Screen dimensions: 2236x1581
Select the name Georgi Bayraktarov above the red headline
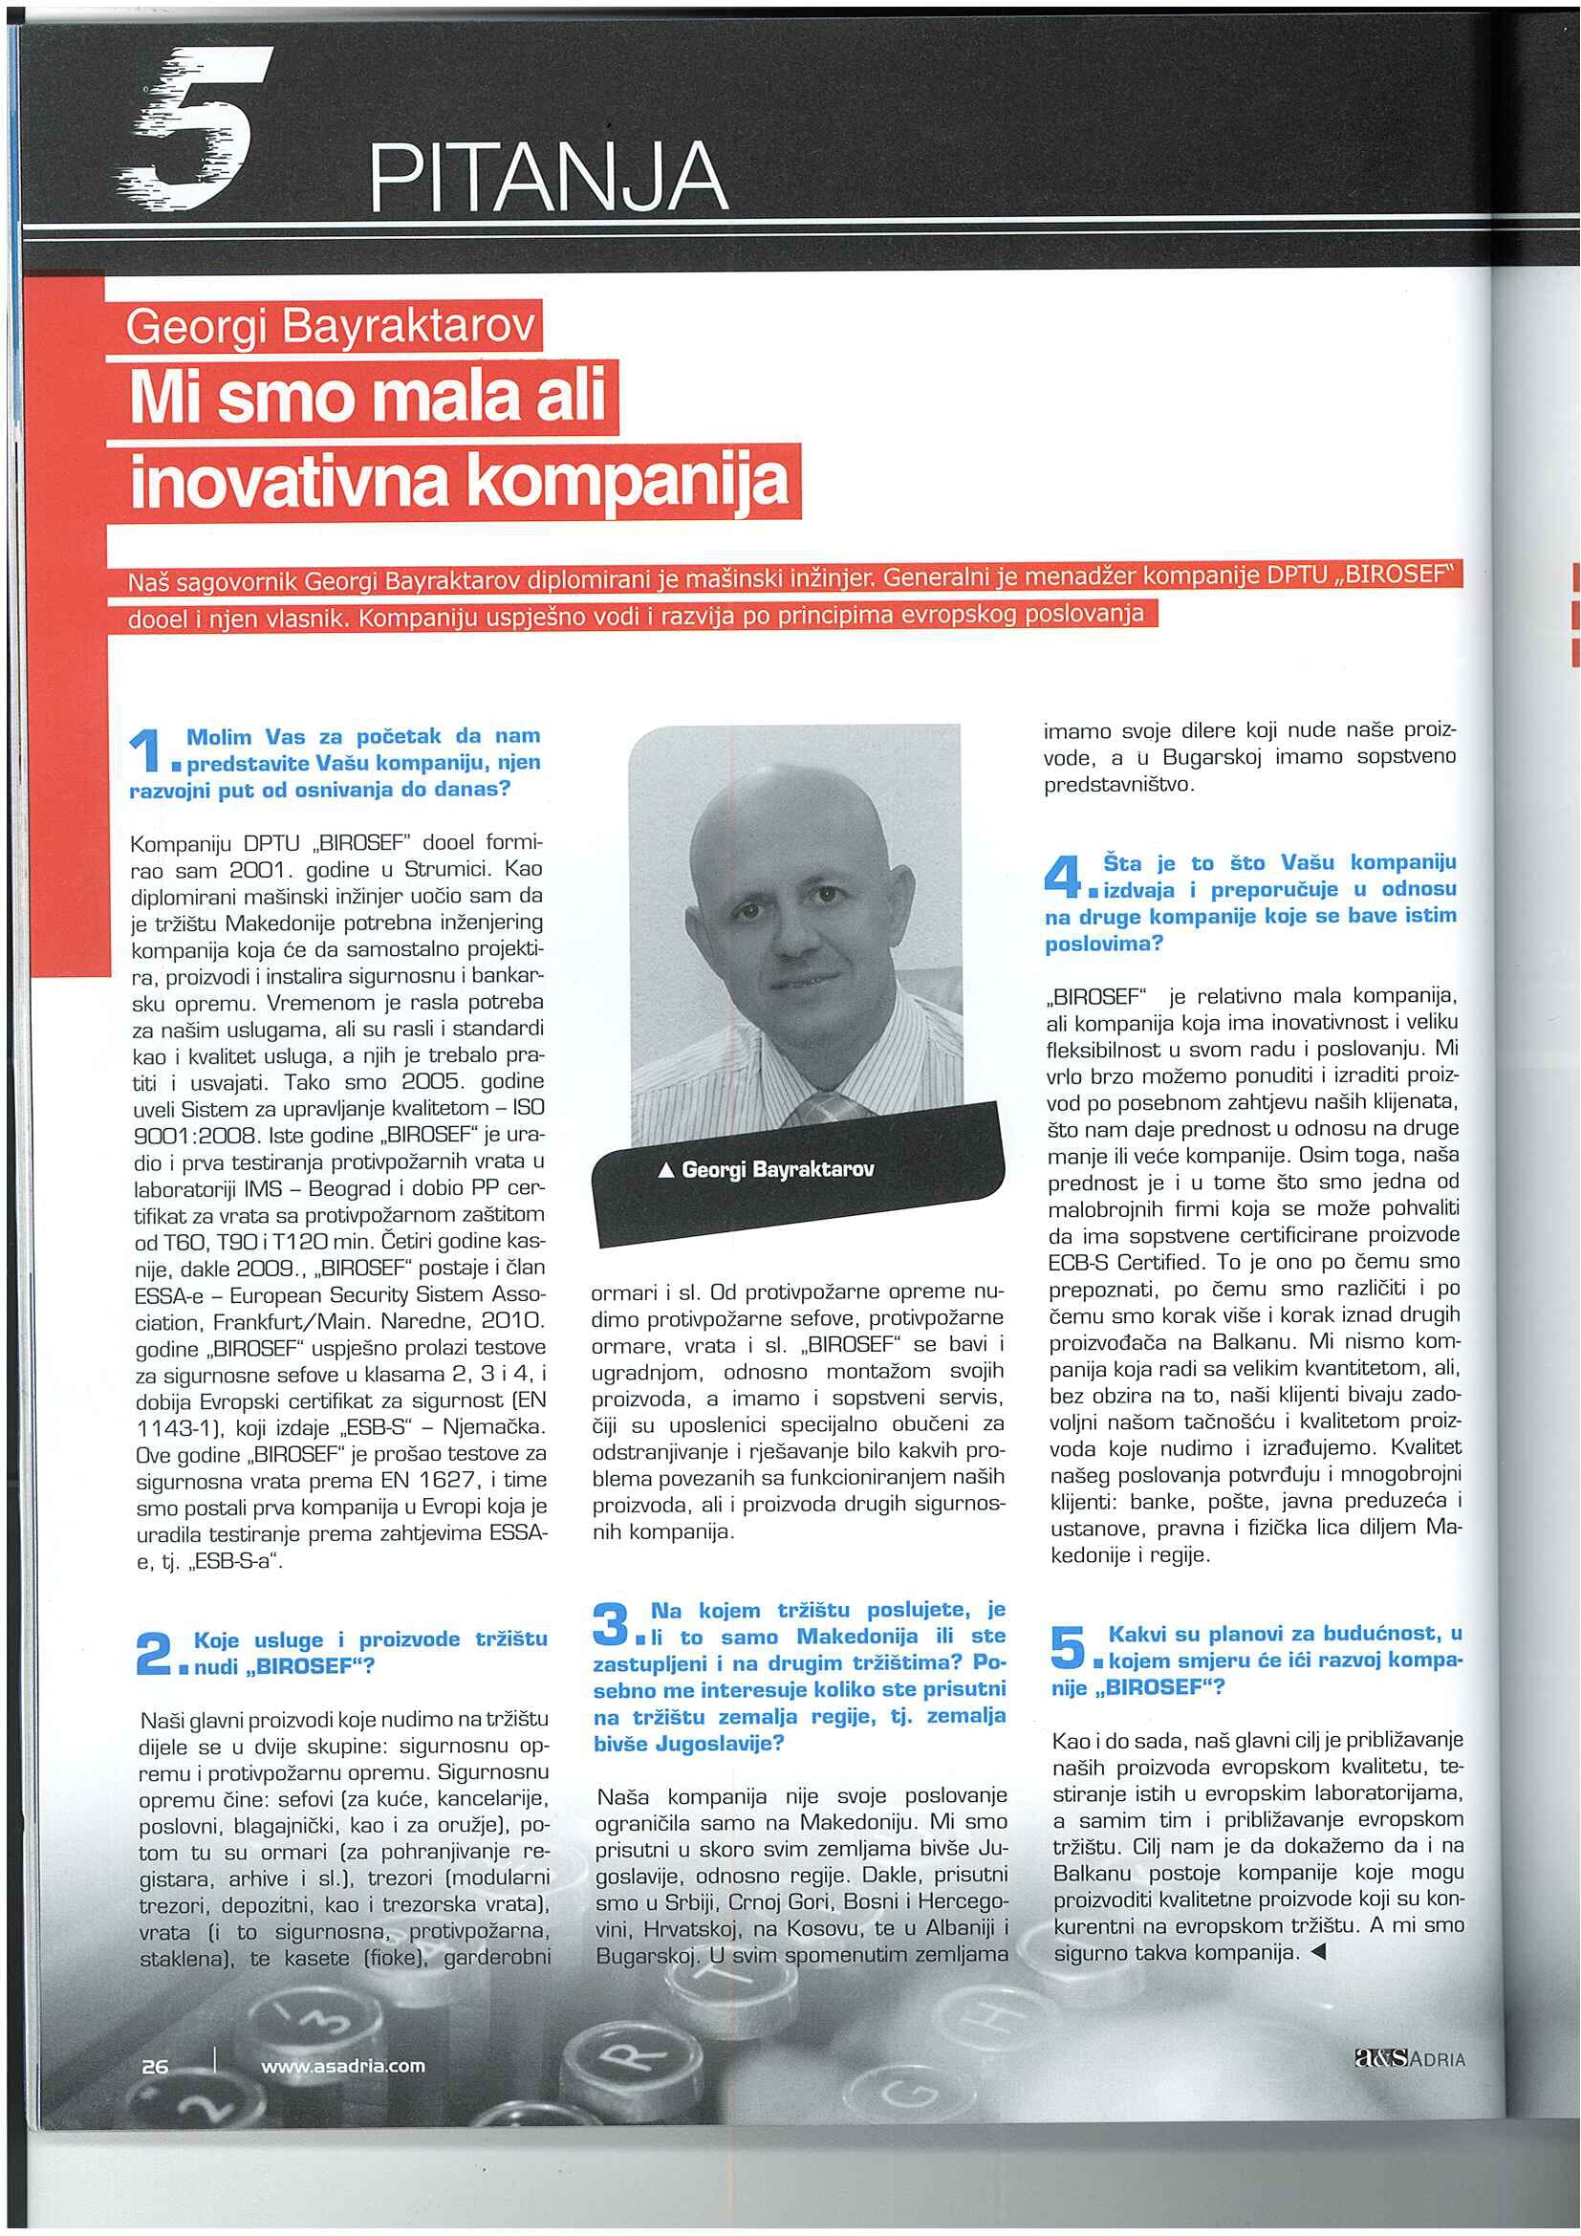coord(331,330)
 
